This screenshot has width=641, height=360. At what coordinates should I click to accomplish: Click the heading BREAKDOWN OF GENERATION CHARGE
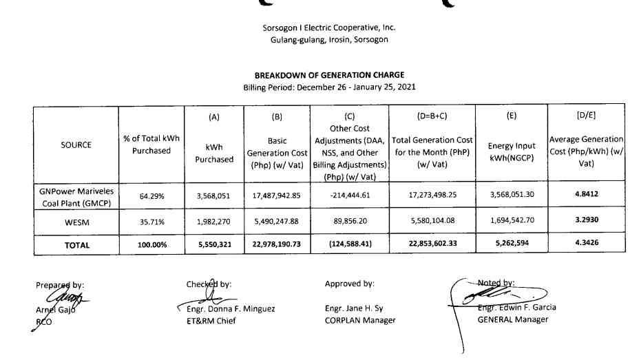[329, 75]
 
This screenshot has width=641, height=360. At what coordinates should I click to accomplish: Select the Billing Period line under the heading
[329, 87]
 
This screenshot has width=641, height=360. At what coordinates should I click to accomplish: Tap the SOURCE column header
[76, 145]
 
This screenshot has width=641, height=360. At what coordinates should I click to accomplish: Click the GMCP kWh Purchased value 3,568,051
[214, 195]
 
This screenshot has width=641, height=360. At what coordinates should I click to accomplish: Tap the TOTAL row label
[76, 245]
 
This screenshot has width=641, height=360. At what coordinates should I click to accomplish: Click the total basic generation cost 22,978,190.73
[276, 245]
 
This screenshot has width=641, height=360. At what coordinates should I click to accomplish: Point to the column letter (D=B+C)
[432, 116]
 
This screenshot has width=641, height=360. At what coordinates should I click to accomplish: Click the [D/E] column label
[586, 114]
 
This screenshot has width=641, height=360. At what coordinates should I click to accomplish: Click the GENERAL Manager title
[513, 319]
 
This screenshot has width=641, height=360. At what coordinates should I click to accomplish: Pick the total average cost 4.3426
[586, 244]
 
